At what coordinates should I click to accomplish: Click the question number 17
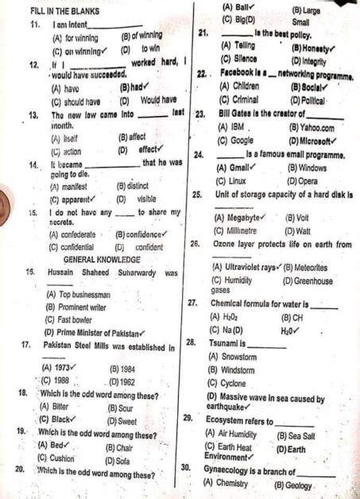click(x=27, y=346)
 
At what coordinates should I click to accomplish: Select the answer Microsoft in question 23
click(x=314, y=140)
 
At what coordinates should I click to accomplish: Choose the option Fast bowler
click(x=71, y=319)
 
